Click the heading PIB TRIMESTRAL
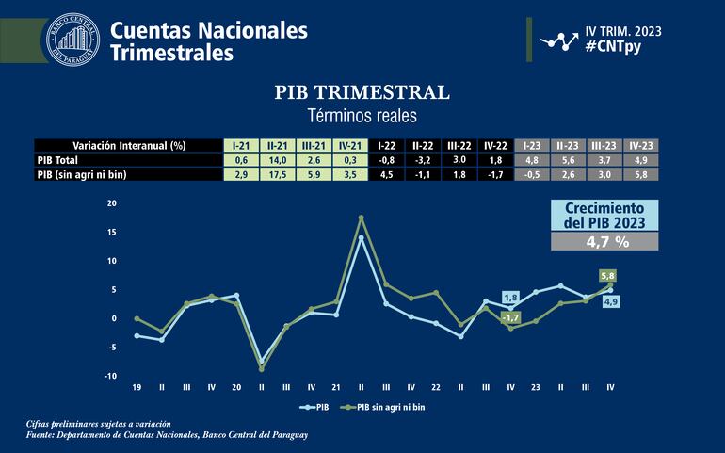[x=362, y=92]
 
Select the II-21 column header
[x=277, y=146]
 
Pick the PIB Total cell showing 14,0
[x=277, y=160]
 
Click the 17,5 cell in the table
[x=277, y=174]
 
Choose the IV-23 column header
[x=641, y=146]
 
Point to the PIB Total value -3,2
[x=421, y=160]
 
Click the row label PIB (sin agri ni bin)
[x=81, y=174]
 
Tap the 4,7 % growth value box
[x=603, y=241]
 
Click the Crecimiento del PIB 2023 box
[x=603, y=216]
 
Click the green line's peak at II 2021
[x=362, y=218]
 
